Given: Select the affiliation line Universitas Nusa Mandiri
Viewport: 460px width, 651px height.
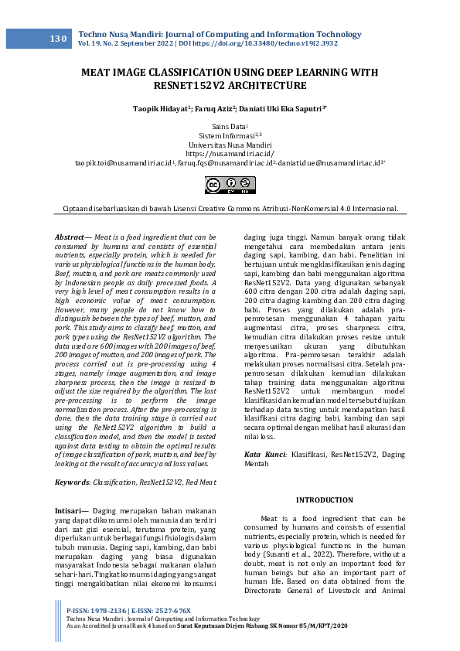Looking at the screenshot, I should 230,145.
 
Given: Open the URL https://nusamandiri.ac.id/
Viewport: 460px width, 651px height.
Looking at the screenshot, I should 230,154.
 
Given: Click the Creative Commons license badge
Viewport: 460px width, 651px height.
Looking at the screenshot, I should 230,184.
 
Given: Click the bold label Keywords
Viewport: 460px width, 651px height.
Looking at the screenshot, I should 72,482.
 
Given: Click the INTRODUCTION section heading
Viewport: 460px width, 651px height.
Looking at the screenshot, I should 325,500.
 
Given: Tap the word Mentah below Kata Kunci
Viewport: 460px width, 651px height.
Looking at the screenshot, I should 257,465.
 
